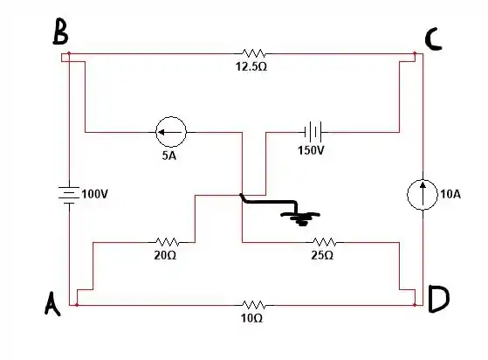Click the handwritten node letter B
click(x=61, y=31)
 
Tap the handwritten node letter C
click(x=433, y=39)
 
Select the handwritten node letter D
click(x=438, y=299)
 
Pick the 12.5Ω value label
click(x=251, y=66)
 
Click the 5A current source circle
click(x=171, y=132)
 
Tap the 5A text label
click(x=169, y=156)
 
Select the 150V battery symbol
click(x=313, y=132)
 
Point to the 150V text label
click(x=311, y=150)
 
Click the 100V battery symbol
click(x=69, y=195)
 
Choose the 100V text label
click(x=94, y=194)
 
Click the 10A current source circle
click(x=423, y=195)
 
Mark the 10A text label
click(x=450, y=194)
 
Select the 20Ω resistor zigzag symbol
click(x=167, y=242)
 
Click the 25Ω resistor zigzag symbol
click(x=325, y=242)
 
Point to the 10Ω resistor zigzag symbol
click(x=254, y=305)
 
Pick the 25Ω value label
click(x=322, y=255)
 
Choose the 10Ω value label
click(x=251, y=318)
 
